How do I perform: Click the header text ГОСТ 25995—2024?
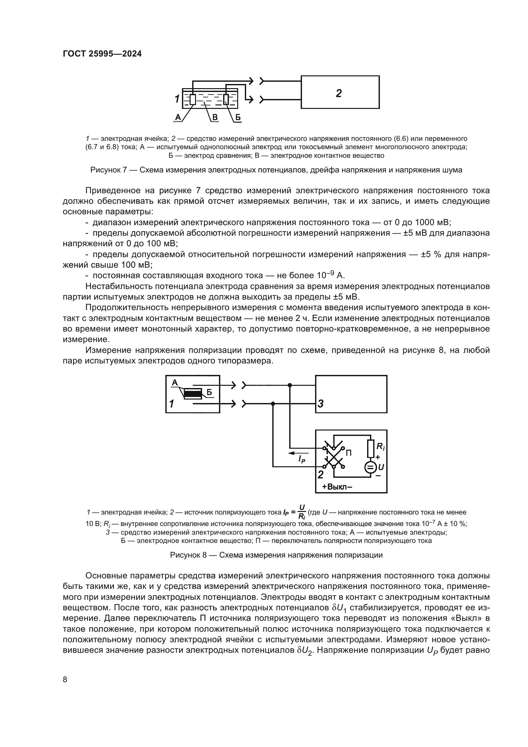tap(102, 54)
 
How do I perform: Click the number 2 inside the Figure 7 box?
tap(339, 93)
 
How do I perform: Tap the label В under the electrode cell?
tap(215, 117)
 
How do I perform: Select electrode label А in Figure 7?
tap(178, 117)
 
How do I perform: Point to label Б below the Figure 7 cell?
tap(238, 117)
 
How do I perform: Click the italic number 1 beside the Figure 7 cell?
tap(177, 99)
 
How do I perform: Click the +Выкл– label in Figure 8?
tap(337, 487)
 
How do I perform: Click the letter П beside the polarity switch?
tap(349, 453)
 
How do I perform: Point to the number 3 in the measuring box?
tap(320, 404)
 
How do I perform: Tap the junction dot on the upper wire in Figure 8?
tap(290, 385)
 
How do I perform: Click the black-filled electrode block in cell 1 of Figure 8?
tap(193, 394)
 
